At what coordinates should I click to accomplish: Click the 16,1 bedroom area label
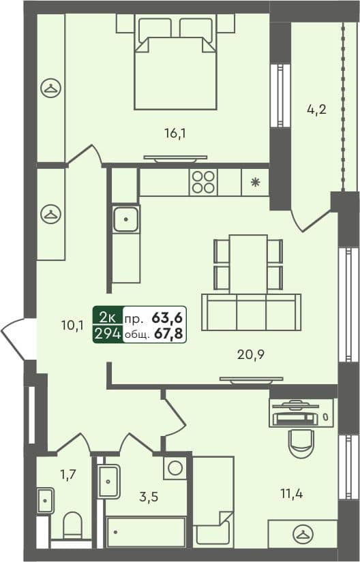[175, 134]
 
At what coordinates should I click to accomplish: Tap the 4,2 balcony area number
[317, 108]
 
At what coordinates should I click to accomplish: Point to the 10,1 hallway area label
[72, 325]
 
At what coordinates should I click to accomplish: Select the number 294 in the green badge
[108, 333]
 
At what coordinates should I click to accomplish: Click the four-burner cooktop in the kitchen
[203, 182]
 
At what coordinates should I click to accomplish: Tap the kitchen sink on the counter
[126, 219]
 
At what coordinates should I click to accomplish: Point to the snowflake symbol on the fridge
[255, 182]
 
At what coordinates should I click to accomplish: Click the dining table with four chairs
[248, 263]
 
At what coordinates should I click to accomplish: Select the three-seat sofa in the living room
[251, 312]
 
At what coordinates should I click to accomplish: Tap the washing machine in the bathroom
[176, 468]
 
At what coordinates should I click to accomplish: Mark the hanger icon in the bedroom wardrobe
[50, 87]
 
